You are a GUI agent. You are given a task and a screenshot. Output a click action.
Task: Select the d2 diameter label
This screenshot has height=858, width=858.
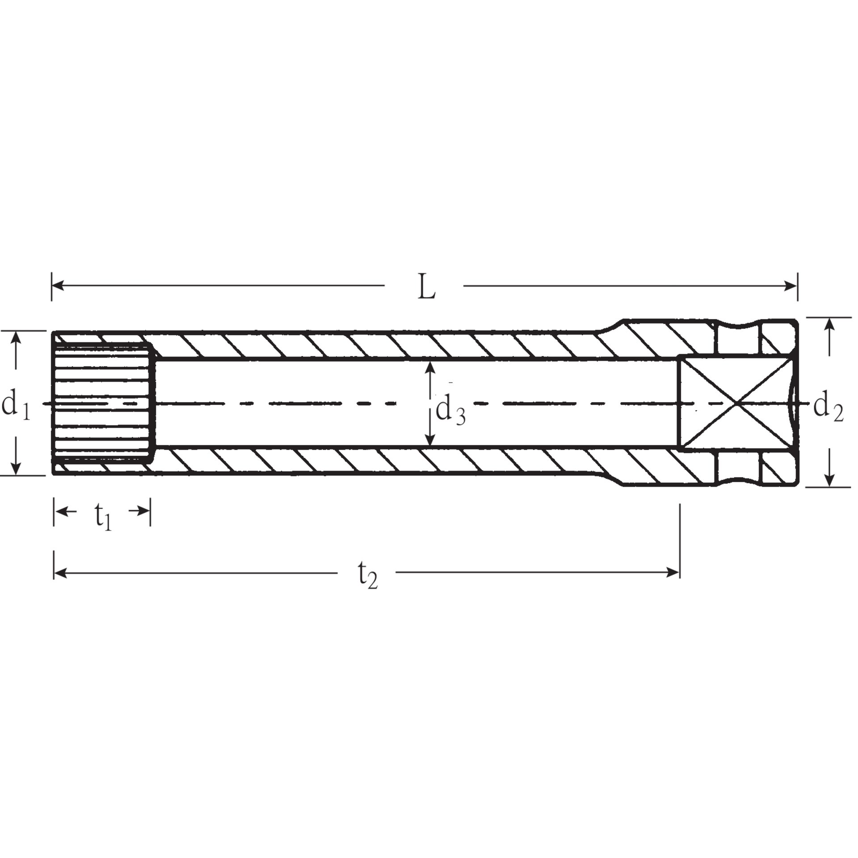tap(828, 408)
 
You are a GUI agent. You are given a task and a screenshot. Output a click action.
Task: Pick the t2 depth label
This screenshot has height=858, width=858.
tap(368, 577)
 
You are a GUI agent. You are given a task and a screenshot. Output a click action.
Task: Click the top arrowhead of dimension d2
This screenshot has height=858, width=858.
tap(829, 323)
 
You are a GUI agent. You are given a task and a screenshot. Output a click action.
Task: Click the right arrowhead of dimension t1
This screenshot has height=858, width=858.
tap(145, 511)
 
